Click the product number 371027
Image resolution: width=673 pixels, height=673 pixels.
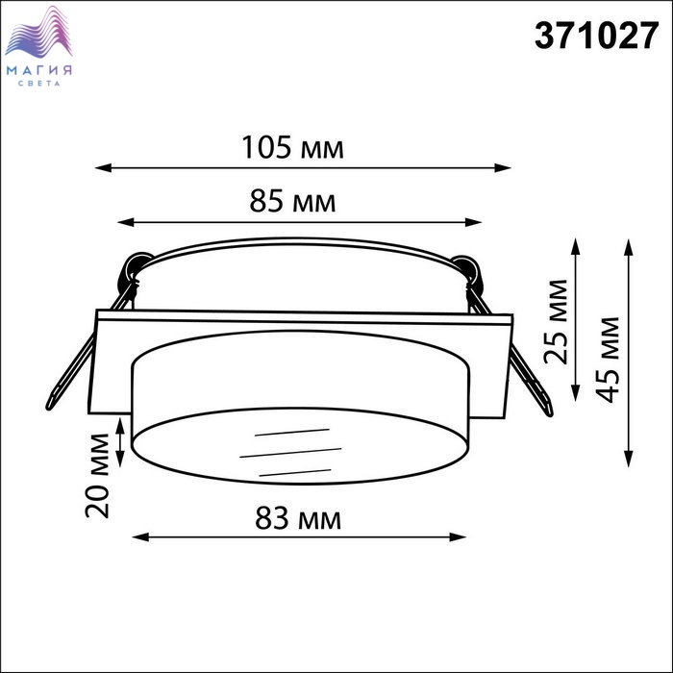(x=596, y=37)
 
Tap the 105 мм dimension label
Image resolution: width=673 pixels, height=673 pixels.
(x=292, y=147)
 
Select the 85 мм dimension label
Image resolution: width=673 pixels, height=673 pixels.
(x=292, y=201)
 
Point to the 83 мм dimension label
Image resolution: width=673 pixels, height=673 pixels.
(x=298, y=518)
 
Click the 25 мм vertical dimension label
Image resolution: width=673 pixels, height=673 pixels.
(x=556, y=321)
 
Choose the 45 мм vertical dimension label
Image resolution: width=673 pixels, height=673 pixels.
(x=608, y=360)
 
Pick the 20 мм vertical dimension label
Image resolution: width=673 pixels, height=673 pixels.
(x=97, y=476)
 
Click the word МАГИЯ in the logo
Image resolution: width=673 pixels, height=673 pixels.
(x=39, y=70)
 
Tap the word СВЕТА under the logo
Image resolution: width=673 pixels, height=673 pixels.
(x=39, y=84)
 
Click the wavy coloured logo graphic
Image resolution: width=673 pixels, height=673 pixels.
(x=38, y=32)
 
